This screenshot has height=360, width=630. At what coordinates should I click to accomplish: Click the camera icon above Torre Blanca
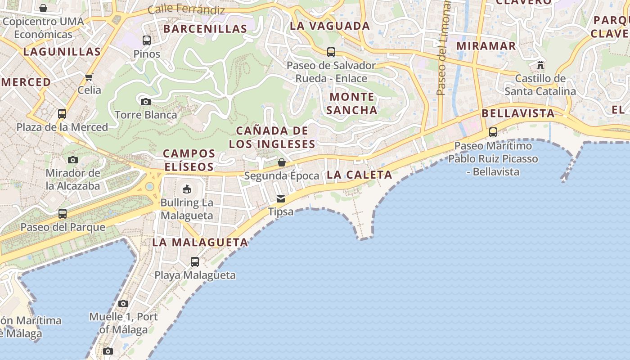pos(145,102)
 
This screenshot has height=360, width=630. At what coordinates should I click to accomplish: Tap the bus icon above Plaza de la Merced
pos(62,114)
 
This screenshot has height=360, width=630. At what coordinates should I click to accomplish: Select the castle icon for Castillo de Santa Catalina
pos(540,65)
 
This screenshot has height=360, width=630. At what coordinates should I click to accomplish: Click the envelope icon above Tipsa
pos(281,199)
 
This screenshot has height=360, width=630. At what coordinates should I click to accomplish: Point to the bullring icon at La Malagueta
pos(186,189)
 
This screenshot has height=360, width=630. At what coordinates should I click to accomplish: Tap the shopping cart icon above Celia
pos(89,77)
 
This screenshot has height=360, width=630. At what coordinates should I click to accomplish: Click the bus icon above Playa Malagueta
pos(195,262)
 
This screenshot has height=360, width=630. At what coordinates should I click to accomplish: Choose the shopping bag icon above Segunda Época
pos(282,162)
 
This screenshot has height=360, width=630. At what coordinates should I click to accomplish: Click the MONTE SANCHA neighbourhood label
pos(351,103)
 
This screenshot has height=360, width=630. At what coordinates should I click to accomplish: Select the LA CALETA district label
pos(360,175)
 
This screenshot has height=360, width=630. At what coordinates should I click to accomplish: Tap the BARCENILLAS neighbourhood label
pos(205,29)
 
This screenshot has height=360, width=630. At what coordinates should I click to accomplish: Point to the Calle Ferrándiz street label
pos(186,9)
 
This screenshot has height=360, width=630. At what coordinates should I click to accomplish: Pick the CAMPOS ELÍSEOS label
pos(189,160)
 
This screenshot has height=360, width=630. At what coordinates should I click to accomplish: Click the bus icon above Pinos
pos(147,40)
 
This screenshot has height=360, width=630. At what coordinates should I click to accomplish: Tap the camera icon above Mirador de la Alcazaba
pos(73,160)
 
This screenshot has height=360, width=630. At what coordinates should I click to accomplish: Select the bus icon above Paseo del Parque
pos(63,214)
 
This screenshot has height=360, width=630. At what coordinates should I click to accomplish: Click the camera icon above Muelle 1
pos(123,304)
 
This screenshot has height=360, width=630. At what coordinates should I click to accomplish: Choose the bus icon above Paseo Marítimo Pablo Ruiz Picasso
pos(493,132)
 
